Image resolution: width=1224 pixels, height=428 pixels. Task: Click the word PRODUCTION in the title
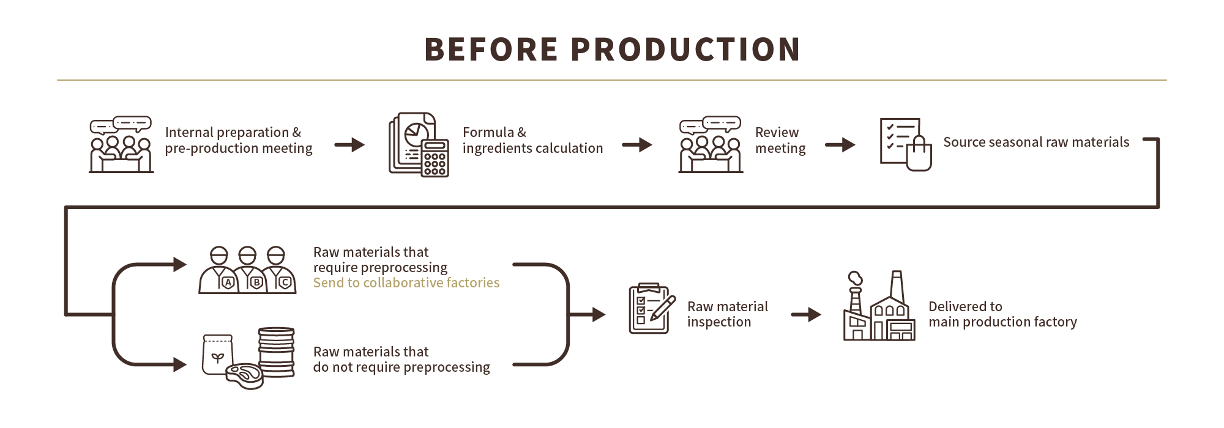685,50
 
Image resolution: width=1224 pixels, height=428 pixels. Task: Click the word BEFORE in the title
491,50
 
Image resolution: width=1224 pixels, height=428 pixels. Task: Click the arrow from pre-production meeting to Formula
349,145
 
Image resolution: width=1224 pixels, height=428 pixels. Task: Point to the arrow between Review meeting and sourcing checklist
840,145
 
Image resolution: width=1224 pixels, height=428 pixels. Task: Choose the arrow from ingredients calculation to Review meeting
636,145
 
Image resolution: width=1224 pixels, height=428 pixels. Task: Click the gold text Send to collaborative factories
406,283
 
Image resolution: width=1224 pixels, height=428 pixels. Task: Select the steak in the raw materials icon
244,374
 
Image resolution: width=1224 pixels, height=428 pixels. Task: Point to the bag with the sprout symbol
217,355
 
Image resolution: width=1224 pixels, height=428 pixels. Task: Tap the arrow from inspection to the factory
805,315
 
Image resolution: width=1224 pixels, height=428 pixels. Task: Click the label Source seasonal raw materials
1036,142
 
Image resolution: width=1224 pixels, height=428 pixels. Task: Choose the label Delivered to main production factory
1002,314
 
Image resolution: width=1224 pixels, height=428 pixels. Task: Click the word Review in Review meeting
777,133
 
